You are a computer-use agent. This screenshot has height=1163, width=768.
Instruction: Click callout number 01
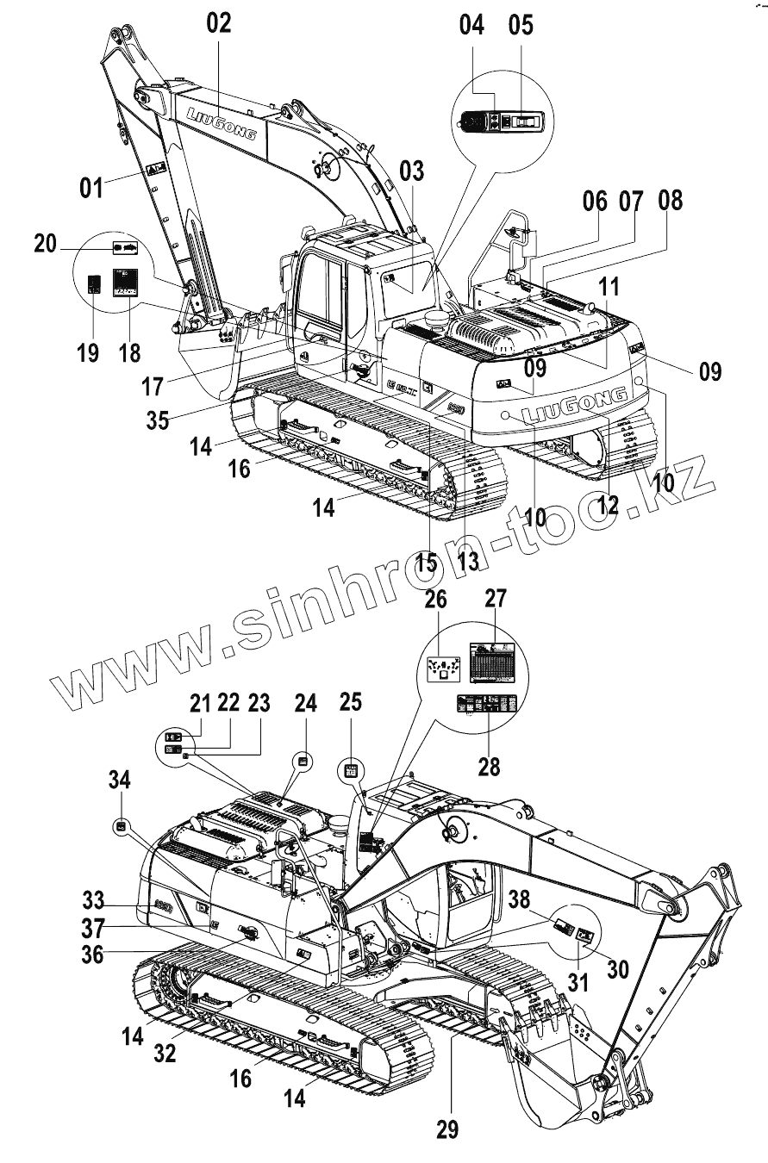click(91, 186)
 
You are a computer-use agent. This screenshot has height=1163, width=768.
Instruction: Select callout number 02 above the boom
click(219, 24)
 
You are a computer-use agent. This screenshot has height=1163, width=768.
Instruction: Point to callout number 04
click(471, 24)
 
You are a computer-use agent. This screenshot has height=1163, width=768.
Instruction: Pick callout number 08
click(670, 201)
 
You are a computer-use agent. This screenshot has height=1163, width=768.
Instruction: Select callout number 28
click(489, 765)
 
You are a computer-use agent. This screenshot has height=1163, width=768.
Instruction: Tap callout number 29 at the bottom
click(447, 1128)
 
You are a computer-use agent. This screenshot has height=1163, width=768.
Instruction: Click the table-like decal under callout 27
click(493, 662)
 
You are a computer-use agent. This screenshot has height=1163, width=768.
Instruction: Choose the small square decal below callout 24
click(303, 760)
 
